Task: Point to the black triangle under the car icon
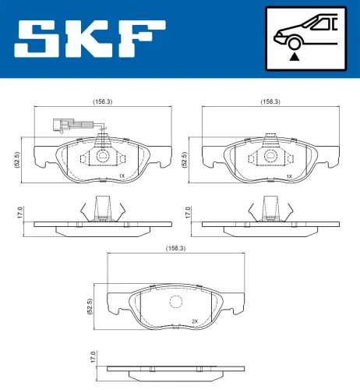pyautogui.click(x=294, y=56)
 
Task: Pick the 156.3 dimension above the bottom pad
pyautogui.click(x=175, y=248)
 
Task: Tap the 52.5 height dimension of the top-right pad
pyautogui.click(x=185, y=159)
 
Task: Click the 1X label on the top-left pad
pyautogui.click(x=122, y=177)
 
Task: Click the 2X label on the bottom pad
pyautogui.click(x=195, y=321)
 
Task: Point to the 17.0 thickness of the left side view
pyautogui.click(x=21, y=212)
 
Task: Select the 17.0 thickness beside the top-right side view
pyautogui.click(x=187, y=212)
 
